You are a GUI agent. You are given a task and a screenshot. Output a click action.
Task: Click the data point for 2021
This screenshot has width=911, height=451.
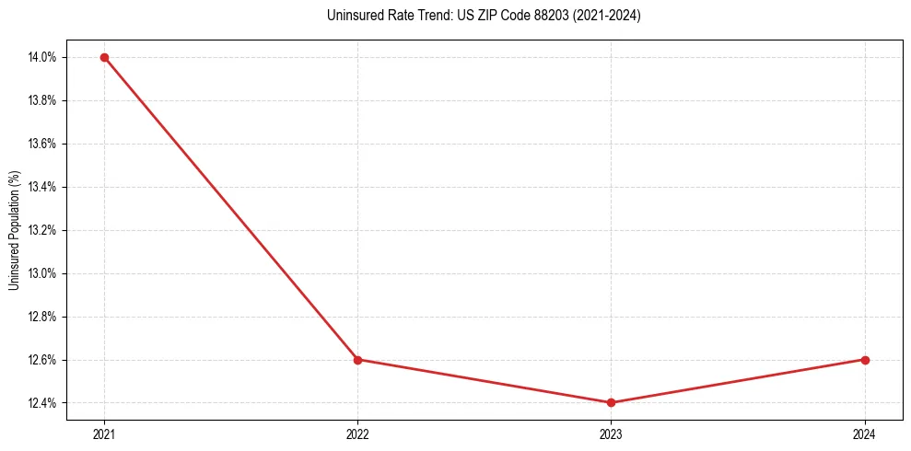pos(104,57)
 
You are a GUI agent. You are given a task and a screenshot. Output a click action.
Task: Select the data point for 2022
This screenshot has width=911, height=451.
pos(357,360)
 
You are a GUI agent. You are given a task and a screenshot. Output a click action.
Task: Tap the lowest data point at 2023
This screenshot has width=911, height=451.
pos(611,402)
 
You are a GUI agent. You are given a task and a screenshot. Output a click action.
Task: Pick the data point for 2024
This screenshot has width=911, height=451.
pos(865,360)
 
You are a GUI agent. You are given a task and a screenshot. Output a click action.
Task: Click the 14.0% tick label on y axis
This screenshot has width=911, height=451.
pos(43,57)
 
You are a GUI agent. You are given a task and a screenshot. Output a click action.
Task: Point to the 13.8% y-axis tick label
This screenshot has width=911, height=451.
pos(43,100)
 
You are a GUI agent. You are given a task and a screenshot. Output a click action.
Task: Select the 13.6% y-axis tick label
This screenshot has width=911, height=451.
pos(43,144)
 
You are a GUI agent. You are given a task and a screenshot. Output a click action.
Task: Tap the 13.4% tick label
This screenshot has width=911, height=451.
pos(43,187)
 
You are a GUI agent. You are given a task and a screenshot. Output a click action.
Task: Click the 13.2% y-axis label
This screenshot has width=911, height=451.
pos(43,230)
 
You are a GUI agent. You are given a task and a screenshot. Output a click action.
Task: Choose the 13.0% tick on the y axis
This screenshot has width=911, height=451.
pos(43,273)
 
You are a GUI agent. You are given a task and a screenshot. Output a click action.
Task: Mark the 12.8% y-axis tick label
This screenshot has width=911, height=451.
pos(43,317)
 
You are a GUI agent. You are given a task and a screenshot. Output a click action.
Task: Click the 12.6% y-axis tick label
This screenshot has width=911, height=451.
pos(43,360)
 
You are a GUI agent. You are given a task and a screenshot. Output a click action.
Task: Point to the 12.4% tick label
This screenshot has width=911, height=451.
pos(43,403)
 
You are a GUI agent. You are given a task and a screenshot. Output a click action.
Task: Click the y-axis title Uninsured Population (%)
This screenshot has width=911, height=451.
pos(14,230)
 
